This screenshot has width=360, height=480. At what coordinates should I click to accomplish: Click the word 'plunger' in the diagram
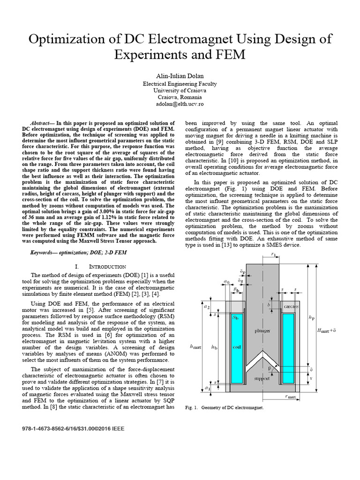pyautogui.click(x=263, y=330)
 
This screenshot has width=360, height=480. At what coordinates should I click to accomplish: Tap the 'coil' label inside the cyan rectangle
pyautogui.click(x=237, y=347)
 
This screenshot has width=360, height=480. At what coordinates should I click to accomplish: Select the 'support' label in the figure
pyautogui.click(x=262, y=377)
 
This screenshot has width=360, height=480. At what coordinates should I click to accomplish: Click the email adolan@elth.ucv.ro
pyautogui.click(x=180, y=104)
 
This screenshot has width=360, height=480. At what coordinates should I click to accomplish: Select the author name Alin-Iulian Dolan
pyautogui.click(x=180, y=75)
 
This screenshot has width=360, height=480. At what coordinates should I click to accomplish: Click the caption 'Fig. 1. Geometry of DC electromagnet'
pyautogui.click(x=225, y=407)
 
